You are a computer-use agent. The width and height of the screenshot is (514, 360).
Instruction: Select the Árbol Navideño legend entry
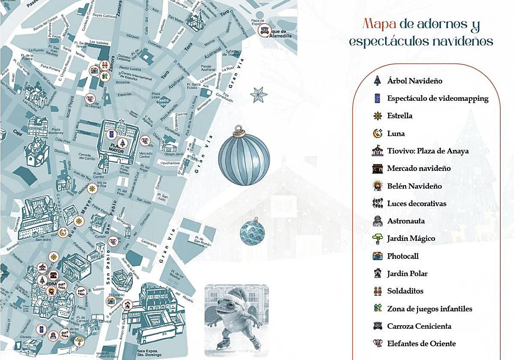click(414, 81)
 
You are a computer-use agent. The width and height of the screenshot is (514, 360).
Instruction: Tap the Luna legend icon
click(377, 133)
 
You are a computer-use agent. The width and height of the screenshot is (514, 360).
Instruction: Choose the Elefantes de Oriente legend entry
click(421, 343)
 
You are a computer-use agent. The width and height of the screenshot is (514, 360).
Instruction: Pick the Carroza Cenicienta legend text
click(419, 326)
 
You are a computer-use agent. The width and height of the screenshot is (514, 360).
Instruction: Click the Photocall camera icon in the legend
click(377, 256)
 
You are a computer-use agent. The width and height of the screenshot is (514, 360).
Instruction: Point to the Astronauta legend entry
click(406, 221)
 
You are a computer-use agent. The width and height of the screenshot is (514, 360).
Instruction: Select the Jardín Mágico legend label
click(411, 238)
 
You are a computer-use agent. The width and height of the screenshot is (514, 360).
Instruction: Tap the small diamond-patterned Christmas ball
click(252, 232)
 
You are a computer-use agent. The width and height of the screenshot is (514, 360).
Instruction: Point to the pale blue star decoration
click(258, 94)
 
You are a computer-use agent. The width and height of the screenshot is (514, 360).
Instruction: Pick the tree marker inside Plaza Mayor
click(123, 143)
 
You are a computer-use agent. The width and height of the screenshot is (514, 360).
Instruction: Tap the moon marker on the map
click(63, 233)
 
